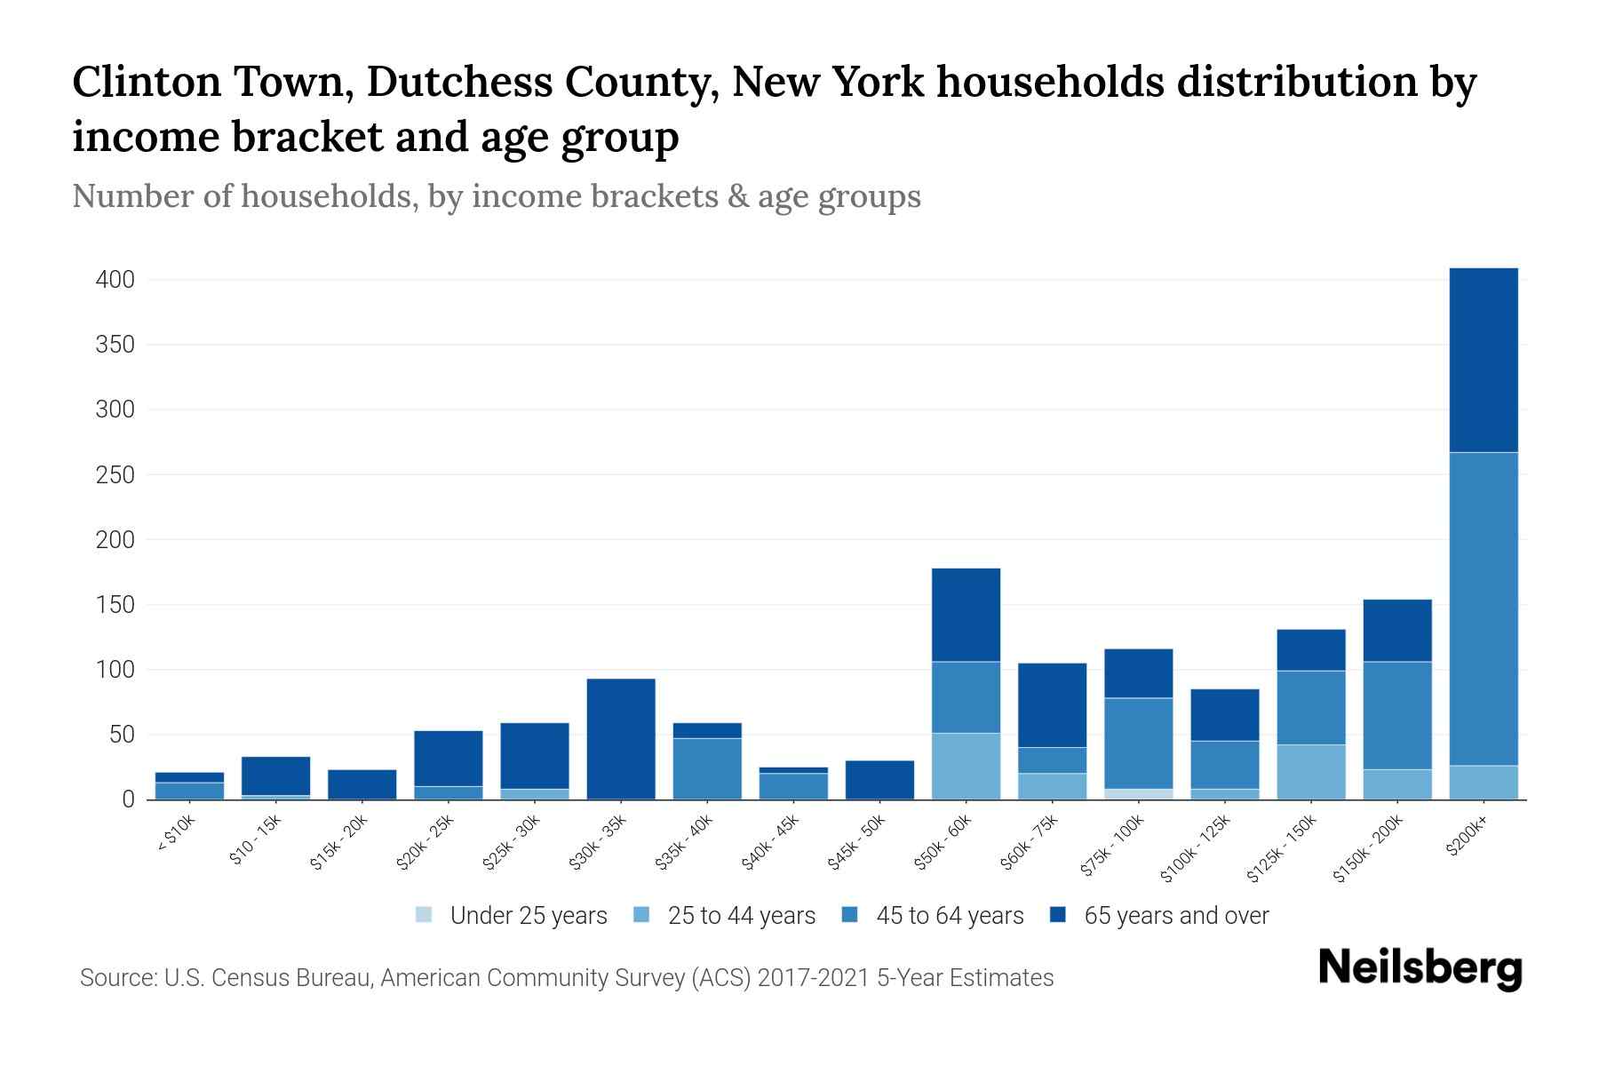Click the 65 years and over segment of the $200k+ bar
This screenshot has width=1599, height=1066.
(x=1483, y=360)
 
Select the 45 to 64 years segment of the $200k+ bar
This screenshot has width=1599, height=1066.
(x=1483, y=609)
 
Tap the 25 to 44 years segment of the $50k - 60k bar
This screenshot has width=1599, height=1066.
(x=966, y=766)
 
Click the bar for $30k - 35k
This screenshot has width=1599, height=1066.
(x=621, y=739)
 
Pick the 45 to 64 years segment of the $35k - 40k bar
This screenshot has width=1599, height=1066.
(x=707, y=768)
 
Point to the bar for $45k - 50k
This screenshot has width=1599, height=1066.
(x=879, y=780)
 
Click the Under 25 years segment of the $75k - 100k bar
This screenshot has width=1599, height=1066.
(x=1138, y=794)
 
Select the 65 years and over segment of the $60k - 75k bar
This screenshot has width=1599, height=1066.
(x=1052, y=704)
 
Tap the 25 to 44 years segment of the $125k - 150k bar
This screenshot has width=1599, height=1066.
(x=1310, y=772)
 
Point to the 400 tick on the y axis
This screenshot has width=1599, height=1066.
(x=115, y=280)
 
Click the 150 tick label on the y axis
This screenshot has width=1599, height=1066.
(x=115, y=605)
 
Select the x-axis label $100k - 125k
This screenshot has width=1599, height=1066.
(x=1196, y=849)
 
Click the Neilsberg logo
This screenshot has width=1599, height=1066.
(x=1419, y=968)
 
